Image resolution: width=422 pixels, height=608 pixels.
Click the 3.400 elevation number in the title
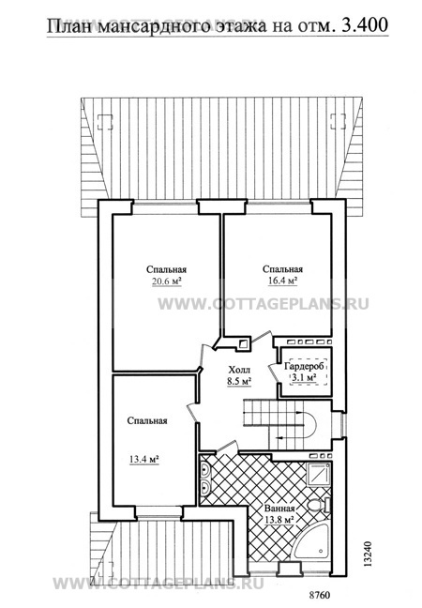point(365,25)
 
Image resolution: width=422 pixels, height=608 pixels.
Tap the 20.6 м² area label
point(167,281)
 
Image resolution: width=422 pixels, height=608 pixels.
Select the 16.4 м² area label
point(283,281)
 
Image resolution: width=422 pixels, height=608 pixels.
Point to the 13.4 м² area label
point(144,460)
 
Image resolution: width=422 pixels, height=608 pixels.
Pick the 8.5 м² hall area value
point(239,382)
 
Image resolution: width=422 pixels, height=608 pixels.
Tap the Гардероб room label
point(306,367)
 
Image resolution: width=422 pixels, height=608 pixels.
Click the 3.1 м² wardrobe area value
point(305,378)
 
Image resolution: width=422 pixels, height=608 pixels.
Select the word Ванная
point(279,509)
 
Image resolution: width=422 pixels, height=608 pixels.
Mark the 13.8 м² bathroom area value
point(279,520)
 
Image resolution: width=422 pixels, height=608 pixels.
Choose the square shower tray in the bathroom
point(318,474)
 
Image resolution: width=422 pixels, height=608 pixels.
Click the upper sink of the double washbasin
point(204,470)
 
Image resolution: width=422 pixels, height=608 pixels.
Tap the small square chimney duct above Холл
point(243,343)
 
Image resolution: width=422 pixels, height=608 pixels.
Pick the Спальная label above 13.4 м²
point(147,421)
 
